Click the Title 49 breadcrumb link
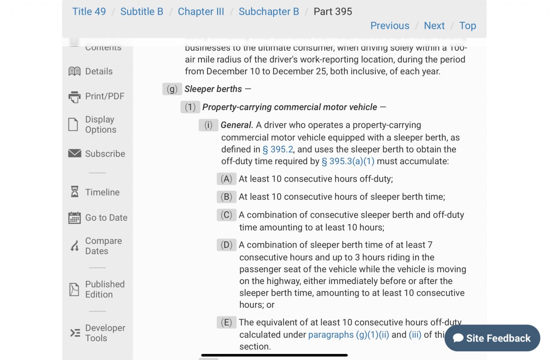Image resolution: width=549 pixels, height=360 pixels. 89,12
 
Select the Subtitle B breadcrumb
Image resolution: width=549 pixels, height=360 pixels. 142,12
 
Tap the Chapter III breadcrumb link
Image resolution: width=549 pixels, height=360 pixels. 201,12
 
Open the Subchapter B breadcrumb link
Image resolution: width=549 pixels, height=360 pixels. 268,12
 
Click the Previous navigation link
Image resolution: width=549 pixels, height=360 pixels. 389,26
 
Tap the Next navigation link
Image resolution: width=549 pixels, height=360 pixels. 434,26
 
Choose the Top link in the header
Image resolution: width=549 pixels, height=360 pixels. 468,26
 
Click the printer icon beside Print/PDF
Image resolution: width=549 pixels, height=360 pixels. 75,97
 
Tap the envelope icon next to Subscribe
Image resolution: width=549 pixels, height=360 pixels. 75,153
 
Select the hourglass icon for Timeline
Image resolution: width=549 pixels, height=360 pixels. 75,192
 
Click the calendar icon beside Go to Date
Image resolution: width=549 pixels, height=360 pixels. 75,218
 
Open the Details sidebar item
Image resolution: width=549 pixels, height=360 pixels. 99,72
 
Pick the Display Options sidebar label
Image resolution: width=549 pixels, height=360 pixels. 100,125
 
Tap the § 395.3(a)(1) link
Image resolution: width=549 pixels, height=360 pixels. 348,162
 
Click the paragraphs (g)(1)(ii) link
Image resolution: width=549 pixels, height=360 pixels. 348,335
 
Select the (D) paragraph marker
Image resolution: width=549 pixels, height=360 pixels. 226,245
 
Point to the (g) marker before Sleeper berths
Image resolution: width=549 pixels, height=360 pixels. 172,89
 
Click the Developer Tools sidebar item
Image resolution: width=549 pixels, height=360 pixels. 105,333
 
